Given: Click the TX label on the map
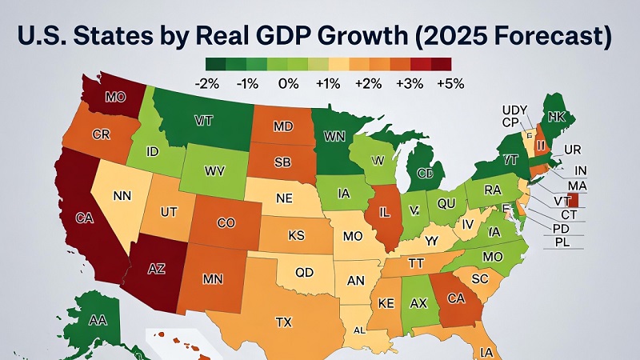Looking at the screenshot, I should [x=283, y=322].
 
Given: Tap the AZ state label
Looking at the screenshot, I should [x=157, y=270].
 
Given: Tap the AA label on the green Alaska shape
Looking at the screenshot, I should [x=98, y=319].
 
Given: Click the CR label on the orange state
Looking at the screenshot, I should [x=101, y=134].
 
